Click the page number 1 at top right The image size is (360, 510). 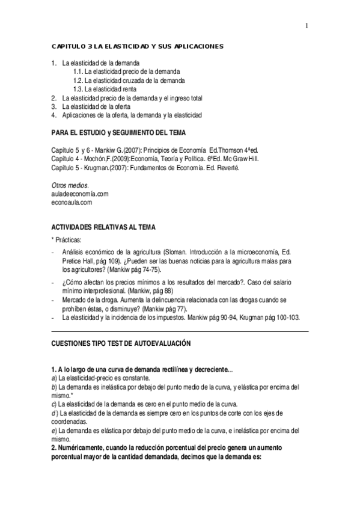coord(307,25)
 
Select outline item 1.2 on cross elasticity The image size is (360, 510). coord(129,80)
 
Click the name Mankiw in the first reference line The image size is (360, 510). coord(103,149)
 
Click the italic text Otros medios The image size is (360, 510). coord(70,185)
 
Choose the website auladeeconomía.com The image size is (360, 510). coord(80,194)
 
